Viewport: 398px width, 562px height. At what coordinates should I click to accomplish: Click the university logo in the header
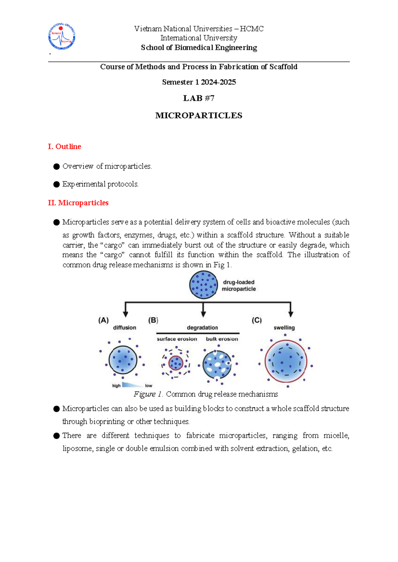[x=62, y=36]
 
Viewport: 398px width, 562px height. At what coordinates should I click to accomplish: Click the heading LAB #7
[x=199, y=98]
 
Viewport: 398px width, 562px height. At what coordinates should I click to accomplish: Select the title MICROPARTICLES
[x=199, y=116]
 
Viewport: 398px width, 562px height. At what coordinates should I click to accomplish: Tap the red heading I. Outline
[x=64, y=146]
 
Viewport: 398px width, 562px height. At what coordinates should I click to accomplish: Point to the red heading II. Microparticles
[x=78, y=203]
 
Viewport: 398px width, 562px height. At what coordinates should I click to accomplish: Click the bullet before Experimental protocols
[x=56, y=184]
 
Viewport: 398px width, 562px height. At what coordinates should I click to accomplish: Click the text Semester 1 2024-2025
[x=199, y=82]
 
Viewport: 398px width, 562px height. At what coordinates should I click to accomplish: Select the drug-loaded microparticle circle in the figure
[x=203, y=285]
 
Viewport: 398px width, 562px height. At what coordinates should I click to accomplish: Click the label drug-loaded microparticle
[x=238, y=286]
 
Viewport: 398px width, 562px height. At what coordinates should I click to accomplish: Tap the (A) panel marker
[x=103, y=320]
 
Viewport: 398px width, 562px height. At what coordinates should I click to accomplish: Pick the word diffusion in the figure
[x=124, y=328]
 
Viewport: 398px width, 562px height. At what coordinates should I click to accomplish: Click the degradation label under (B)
[x=202, y=328]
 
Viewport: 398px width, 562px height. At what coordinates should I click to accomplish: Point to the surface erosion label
[x=177, y=339]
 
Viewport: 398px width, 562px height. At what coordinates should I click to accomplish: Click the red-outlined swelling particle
[x=286, y=361]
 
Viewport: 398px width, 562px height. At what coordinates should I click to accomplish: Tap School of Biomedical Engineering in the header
[x=199, y=48]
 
